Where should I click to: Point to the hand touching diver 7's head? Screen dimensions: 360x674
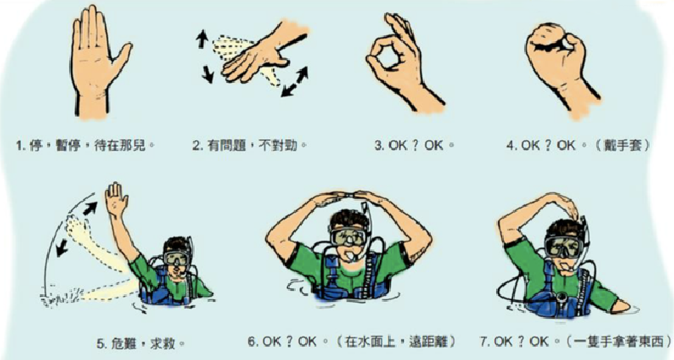pos(573,205)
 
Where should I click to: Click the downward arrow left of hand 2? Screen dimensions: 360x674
pos(207,74)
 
